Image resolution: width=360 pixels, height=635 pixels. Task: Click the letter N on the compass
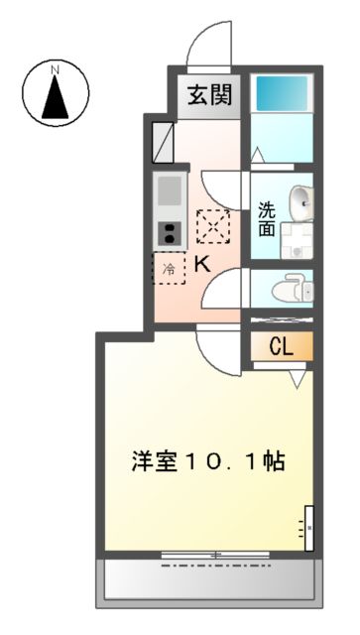click(56, 69)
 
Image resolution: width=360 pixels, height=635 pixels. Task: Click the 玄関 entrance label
click(209, 96)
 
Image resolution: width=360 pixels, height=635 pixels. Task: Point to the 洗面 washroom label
click(267, 218)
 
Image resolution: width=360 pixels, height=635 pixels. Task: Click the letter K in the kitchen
click(201, 265)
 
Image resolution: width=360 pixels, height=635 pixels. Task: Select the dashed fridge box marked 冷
click(169, 268)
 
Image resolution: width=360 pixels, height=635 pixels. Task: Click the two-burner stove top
click(168, 234)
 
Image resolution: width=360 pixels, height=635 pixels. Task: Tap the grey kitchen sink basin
click(168, 190)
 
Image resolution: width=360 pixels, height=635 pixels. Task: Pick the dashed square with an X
click(212, 226)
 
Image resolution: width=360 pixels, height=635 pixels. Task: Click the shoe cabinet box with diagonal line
click(163, 139)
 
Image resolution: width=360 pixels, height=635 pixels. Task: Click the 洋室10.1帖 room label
click(209, 462)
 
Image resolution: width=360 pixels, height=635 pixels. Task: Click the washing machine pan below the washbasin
click(295, 239)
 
